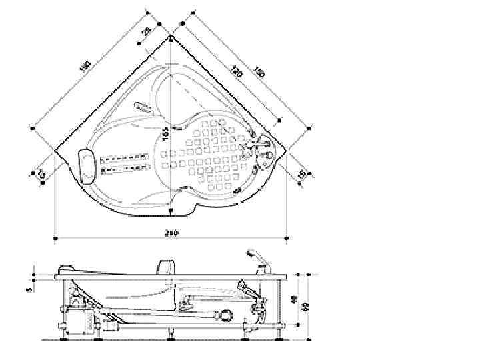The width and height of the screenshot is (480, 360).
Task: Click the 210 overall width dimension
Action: click(171, 233)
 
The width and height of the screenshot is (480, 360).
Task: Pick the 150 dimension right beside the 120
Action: click(259, 71)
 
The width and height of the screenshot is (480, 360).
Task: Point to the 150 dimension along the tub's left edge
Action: click(85, 67)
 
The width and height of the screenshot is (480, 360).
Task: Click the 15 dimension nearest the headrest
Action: click(41, 175)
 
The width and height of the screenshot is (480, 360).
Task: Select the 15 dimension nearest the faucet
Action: click(301, 175)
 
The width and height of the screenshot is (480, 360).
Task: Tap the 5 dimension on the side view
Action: click(28, 289)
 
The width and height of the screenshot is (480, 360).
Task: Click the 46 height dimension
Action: click(295, 299)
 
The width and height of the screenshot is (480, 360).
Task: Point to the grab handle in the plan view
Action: click(143, 107)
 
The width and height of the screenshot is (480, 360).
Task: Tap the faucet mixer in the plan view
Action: click(261, 148)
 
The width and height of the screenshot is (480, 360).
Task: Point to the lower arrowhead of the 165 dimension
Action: click(171, 212)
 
